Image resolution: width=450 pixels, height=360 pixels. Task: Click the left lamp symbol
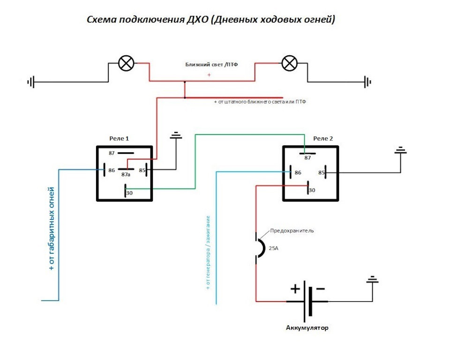point(126,63)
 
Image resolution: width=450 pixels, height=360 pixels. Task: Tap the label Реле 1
point(119,139)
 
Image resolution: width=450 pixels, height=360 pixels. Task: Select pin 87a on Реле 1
point(126,174)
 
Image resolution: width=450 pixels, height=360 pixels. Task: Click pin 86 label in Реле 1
point(112,170)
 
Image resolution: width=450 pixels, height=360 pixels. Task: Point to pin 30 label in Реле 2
point(312,190)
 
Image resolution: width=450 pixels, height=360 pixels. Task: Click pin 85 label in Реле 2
point(322,172)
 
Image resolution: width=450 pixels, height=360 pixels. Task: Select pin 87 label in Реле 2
point(308,158)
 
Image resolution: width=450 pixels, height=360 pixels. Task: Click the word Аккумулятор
point(307,328)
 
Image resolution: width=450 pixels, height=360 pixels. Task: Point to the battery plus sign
point(294,289)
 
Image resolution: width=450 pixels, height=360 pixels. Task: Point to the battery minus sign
point(321,289)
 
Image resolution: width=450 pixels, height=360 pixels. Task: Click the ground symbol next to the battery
point(373,280)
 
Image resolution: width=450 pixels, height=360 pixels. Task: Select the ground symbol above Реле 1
point(176,136)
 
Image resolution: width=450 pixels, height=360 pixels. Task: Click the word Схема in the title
point(101,20)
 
